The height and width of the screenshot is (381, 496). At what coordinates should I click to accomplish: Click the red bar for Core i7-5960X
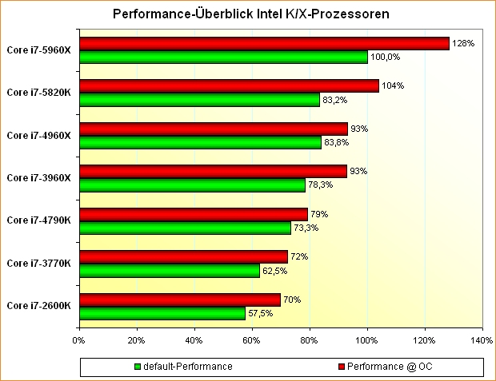point(264,44)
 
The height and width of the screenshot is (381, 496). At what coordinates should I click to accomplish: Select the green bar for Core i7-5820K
point(199,100)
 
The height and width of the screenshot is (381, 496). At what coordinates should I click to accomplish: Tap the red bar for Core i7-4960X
point(213,129)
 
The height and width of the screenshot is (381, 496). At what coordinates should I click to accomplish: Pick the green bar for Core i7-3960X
point(192,185)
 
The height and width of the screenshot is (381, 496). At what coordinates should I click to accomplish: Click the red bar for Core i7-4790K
point(193,214)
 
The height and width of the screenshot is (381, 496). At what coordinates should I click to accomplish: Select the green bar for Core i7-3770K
point(169,271)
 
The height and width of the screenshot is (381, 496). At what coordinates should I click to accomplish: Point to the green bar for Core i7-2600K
point(162,313)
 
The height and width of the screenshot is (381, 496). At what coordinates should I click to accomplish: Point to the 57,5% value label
point(259,313)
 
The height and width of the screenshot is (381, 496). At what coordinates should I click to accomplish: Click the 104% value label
point(393,85)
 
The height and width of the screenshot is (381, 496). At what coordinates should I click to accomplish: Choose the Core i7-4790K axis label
point(38,220)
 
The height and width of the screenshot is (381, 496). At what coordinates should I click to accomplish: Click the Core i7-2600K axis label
point(38,305)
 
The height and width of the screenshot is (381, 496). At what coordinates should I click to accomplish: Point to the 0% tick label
point(78,339)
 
